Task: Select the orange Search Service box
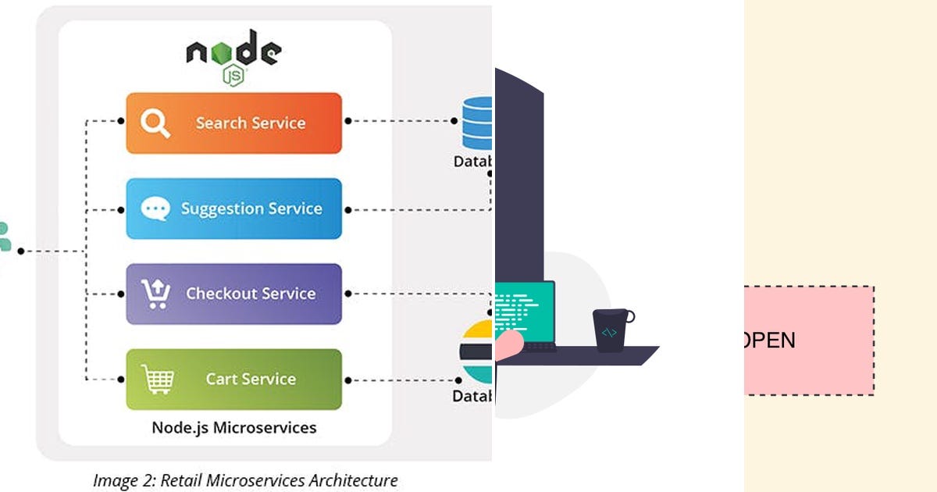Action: click(x=234, y=123)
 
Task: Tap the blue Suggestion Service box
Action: click(x=234, y=209)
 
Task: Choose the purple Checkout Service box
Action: click(x=234, y=294)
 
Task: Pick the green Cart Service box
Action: click(x=234, y=379)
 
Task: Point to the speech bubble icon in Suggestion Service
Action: click(x=155, y=209)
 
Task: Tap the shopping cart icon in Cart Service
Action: click(x=157, y=380)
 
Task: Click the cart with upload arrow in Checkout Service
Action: click(x=155, y=294)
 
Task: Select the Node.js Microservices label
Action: click(x=234, y=427)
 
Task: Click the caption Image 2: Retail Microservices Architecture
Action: click(x=245, y=480)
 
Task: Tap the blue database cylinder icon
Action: click(x=477, y=123)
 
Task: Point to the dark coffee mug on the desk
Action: click(x=611, y=330)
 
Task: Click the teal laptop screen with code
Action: click(x=524, y=312)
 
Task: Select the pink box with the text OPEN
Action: click(x=808, y=340)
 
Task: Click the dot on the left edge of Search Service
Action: click(x=121, y=121)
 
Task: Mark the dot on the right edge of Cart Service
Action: click(x=347, y=380)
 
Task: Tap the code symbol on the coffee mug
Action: click(x=609, y=332)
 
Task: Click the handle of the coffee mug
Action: click(x=629, y=316)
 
